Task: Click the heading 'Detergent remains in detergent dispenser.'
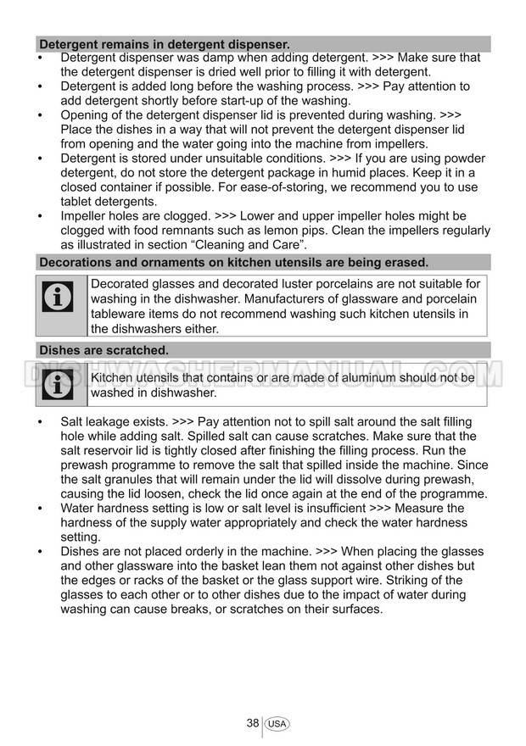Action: [165, 44]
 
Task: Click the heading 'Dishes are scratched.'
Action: [104, 349]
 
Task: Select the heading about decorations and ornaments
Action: [233, 262]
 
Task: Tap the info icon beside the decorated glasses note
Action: [58, 297]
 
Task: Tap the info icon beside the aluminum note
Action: [58, 385]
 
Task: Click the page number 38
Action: [253, 723]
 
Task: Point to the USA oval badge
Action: [277, 724]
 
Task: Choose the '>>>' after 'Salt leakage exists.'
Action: [182, 422]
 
